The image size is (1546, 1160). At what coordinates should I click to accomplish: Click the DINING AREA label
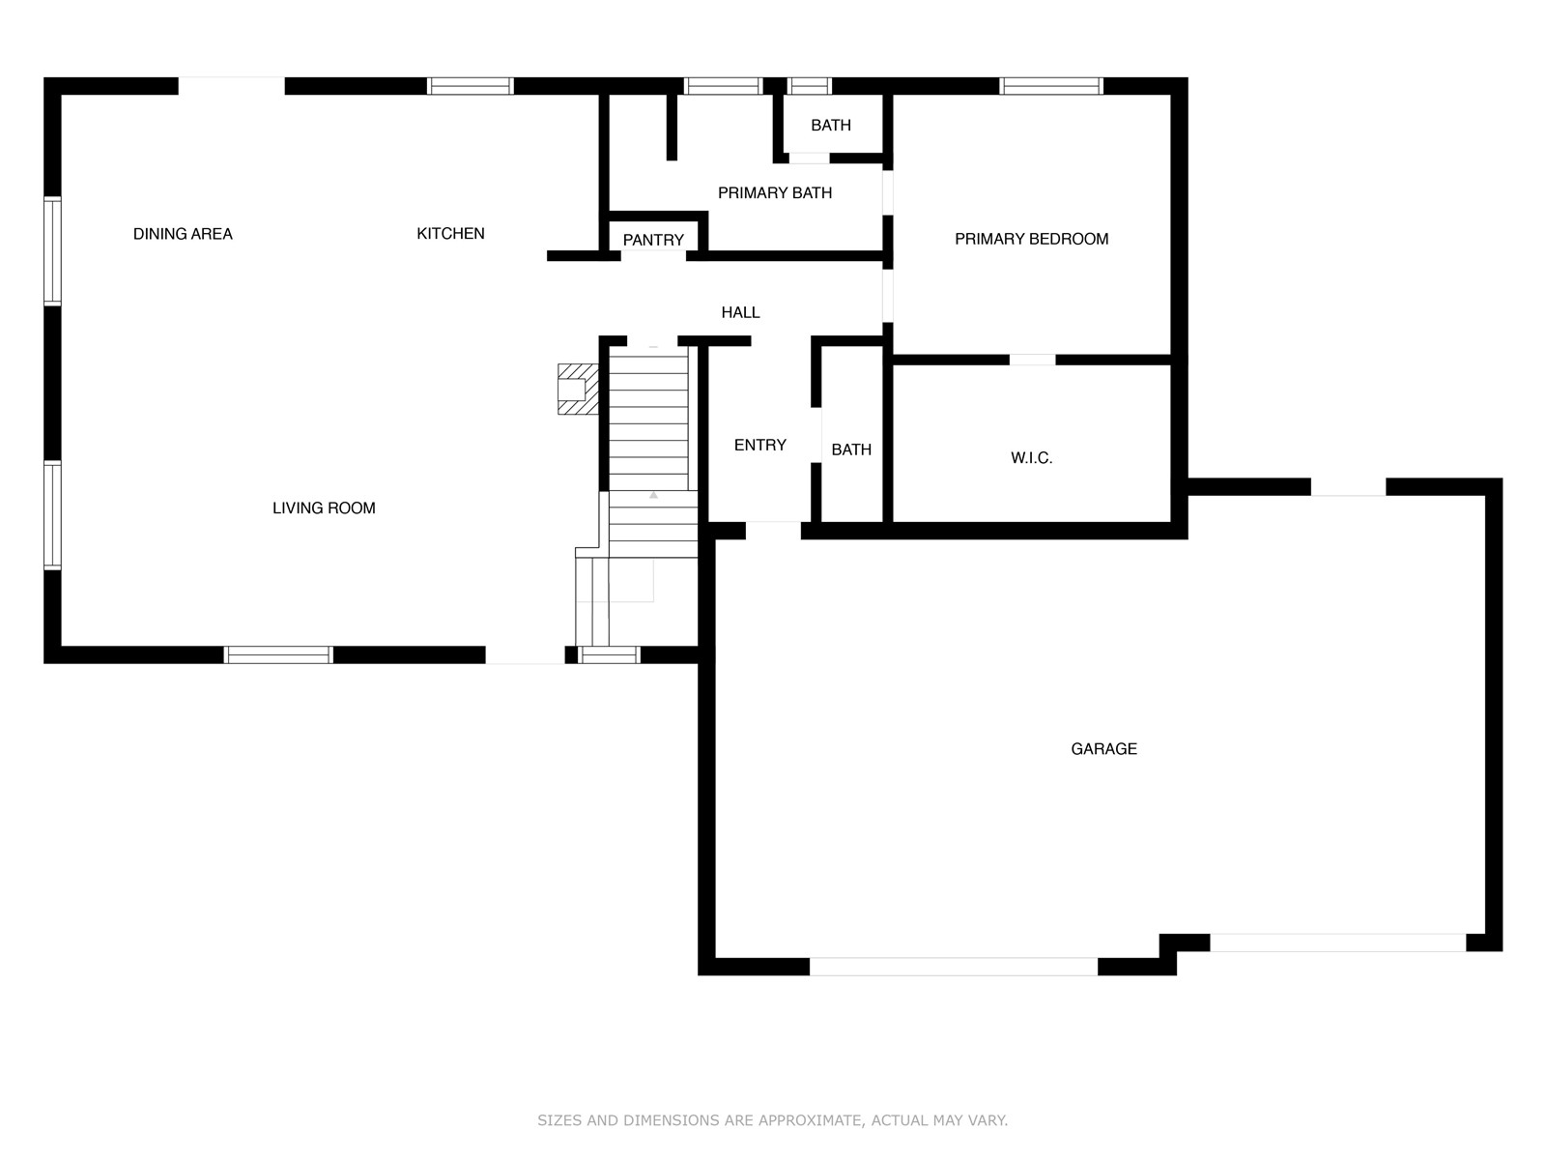(x=183, y=234)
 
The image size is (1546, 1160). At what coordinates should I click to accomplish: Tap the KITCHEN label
(x=451, y=234)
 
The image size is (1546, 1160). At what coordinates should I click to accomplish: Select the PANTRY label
(x=653, y=240)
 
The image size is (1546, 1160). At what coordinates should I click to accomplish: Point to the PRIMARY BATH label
(x=775, y=193)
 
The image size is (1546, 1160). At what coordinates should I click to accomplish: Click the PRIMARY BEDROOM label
(x=1032, y=240)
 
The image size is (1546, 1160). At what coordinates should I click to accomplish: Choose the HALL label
(x=740, y=312)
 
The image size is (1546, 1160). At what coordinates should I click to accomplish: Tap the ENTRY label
(x=760, y=445)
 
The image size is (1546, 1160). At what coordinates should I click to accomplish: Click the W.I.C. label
(x=1032, y=458)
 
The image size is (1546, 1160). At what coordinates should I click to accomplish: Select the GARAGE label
(x=1103, y=749)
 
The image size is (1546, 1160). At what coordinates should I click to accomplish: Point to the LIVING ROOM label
(x=324, y=508)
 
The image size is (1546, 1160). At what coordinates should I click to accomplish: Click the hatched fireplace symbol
(x=578, y=390)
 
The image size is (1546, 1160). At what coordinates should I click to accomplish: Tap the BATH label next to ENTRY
(x=851, y=450)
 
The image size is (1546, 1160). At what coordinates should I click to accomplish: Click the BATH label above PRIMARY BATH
(x=831, y=126)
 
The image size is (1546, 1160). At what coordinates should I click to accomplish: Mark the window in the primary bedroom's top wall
(x=1051, y=86)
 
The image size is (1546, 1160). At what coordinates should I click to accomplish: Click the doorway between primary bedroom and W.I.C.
(x=1033, y=360)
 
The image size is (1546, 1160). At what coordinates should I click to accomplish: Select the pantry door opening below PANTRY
(x=653, y=255)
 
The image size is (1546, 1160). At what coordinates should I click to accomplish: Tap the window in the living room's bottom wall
(x=278, y=655)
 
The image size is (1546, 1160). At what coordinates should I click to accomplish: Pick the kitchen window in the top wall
(x=471, y=86)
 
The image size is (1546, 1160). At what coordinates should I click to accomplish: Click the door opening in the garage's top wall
(x=1348, y=486)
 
